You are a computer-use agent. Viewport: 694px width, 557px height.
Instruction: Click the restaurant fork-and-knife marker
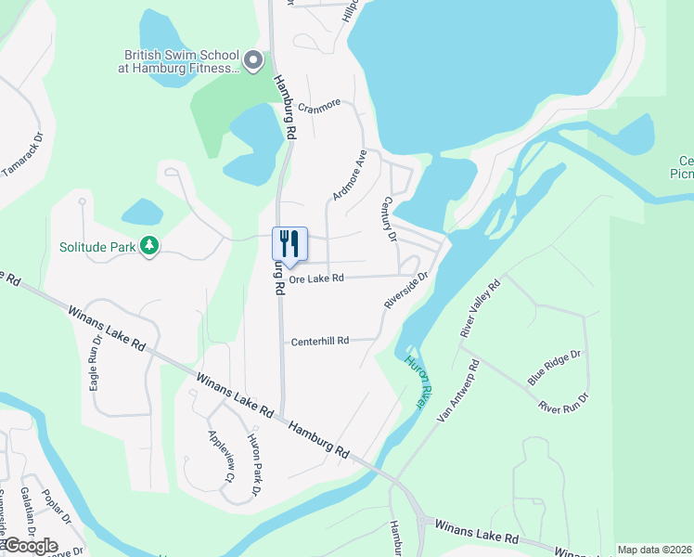(289, 244)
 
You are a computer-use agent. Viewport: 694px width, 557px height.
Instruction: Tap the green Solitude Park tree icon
(148, 246)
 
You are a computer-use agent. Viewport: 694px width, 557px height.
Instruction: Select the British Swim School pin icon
(254, 61)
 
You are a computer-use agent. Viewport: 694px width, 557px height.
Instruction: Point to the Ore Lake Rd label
(316, 278)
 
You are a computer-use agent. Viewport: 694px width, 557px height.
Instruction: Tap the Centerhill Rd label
(320, 341)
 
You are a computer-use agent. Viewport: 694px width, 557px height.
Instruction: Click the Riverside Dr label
(406, 291)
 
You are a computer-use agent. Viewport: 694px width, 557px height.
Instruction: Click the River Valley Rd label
(480, 307)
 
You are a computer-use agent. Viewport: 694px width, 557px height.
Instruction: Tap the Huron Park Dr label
(254, 463)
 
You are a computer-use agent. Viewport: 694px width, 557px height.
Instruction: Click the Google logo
(31, 545)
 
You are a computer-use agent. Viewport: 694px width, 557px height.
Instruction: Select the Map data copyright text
(653, 550)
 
